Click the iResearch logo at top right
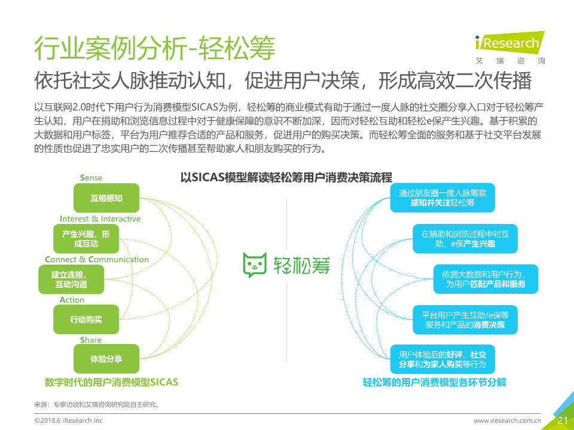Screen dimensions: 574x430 click(510, 48)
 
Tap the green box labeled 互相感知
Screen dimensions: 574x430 click(106, 198)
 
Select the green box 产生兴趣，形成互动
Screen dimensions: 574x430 click(86, 239)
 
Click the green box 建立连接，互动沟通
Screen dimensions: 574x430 click(71, 279)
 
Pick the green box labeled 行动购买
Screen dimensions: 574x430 click(86, 319)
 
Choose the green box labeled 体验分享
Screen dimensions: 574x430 click(106, 359)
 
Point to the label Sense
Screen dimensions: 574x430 click(91, 178)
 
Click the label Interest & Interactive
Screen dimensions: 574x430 click(100, 219)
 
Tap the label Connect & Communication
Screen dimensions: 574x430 click(97, 259)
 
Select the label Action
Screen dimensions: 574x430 click(72, 300)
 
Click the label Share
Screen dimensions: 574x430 click(91, 340)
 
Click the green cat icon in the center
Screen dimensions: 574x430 click(255, 265)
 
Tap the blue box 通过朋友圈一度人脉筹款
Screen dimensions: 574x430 click(442, 198)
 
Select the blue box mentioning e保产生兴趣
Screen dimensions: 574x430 click(465, 239)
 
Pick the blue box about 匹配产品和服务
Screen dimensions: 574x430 click(486, 279)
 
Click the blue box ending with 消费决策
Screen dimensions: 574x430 click(465, 320)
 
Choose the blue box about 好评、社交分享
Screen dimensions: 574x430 click(442, 359)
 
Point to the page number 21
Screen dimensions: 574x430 click(562, 420)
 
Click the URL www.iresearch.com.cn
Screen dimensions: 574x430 click(507, 420)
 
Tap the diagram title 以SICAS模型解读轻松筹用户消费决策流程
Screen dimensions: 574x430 click(286, 178)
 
